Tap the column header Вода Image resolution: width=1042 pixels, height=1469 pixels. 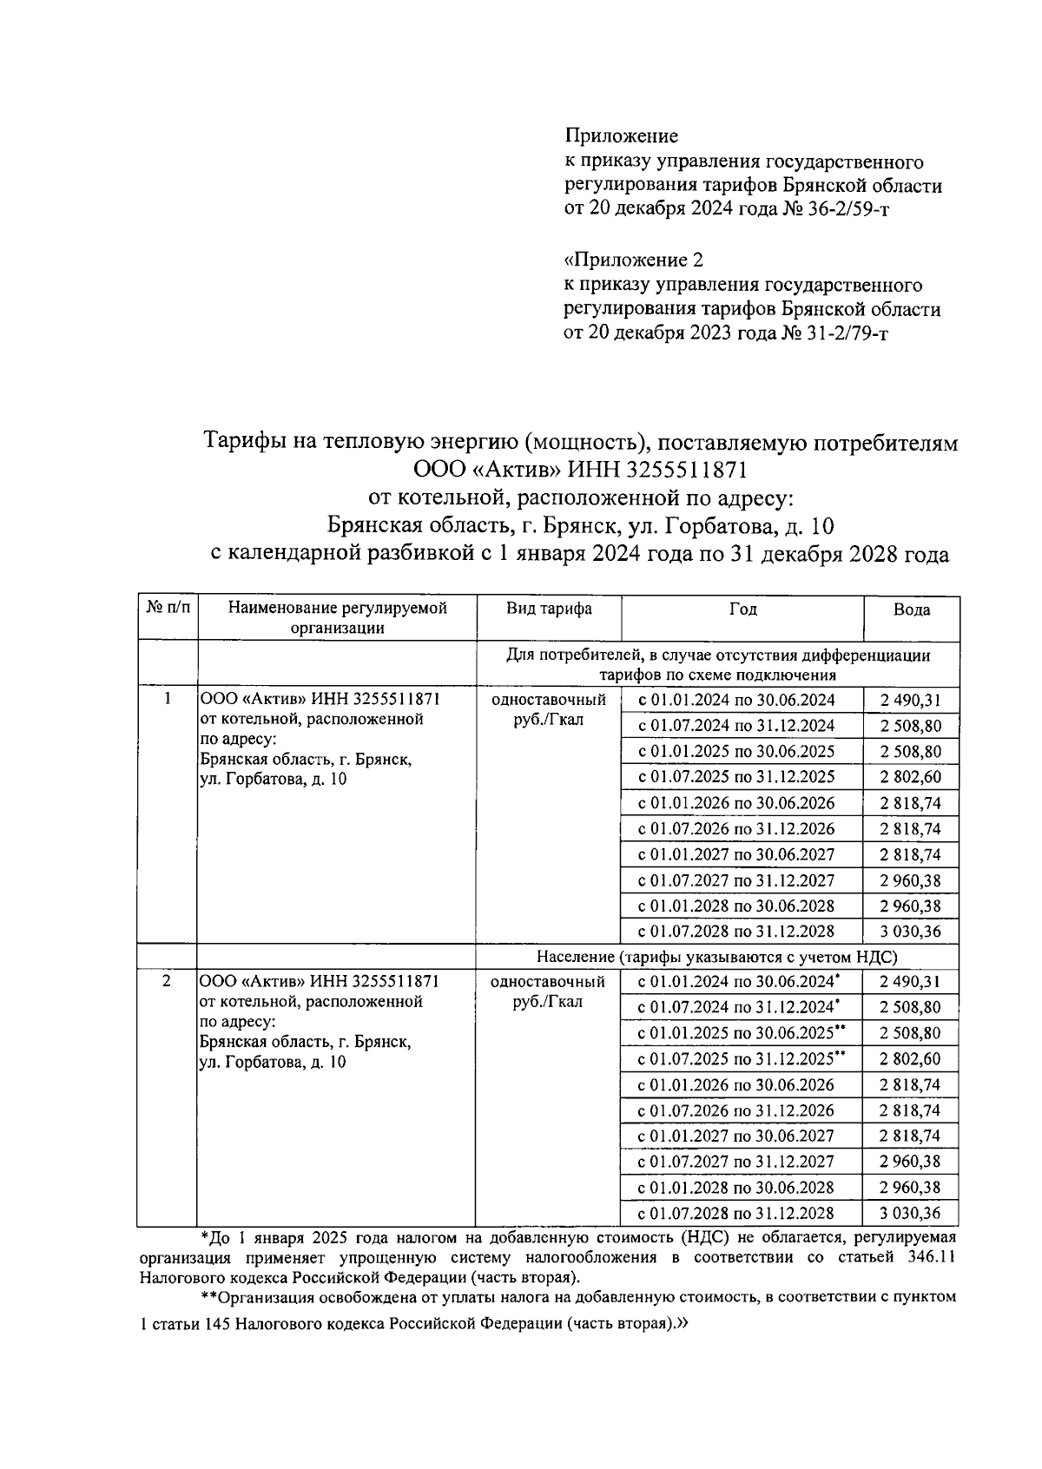[911, 609]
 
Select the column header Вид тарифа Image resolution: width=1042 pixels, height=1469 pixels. [549, 609]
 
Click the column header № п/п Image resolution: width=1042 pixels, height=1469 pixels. [168, 609]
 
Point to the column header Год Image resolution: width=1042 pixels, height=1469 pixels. [742, 609]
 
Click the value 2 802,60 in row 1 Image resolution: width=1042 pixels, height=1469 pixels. [910, 777]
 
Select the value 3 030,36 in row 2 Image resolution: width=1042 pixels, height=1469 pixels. [910, 1213]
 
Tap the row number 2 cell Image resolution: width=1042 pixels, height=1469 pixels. [167, 981]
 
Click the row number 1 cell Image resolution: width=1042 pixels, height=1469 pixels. [167, 699]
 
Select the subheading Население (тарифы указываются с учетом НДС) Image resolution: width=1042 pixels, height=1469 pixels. [716, 957]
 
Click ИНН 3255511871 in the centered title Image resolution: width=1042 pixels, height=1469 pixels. [657, 470]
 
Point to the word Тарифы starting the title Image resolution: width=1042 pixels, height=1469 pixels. [242, 443]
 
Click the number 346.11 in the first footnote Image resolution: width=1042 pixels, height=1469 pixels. [928, 1257]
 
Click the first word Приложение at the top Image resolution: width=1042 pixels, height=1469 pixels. [621, 136]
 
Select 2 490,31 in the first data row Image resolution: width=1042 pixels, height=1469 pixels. [910, 701]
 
